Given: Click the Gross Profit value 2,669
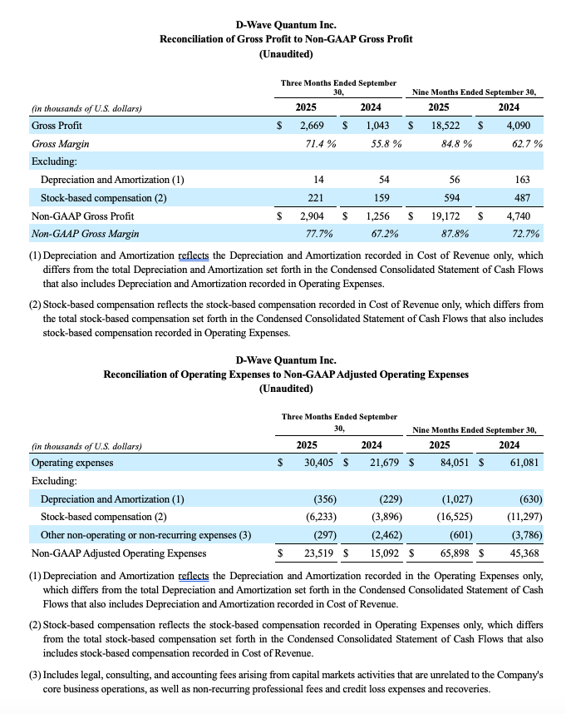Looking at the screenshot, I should tap(317, 125).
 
